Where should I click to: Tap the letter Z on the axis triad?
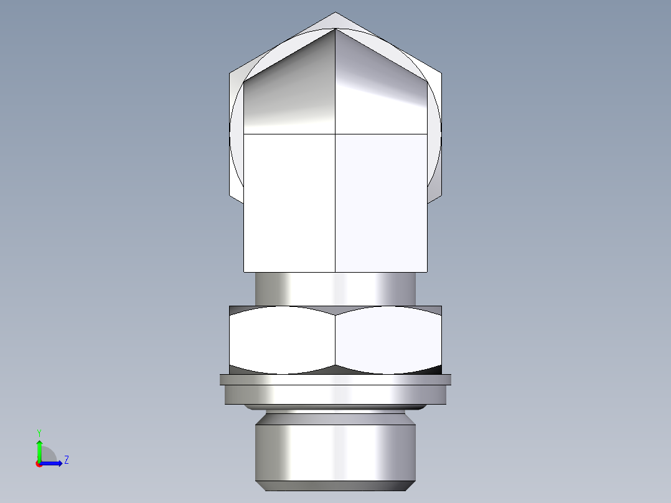click(66, 460)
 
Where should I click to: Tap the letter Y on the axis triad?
click(39, 432)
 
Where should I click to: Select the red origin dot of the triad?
click(39, 464)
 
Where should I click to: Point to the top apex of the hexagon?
click(335, 12)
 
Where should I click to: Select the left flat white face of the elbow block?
click(289, 202)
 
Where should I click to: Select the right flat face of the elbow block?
click(381, 202)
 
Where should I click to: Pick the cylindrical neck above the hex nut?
click(335, 289)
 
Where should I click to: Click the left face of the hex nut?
click(283, 339)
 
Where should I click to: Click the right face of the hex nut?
click(388, 339)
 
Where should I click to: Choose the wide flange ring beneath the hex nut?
click(335, 392)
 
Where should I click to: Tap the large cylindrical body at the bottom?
click(335, 451)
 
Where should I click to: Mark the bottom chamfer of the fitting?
click(335, 486)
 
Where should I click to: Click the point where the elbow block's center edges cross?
click(335, 134)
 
